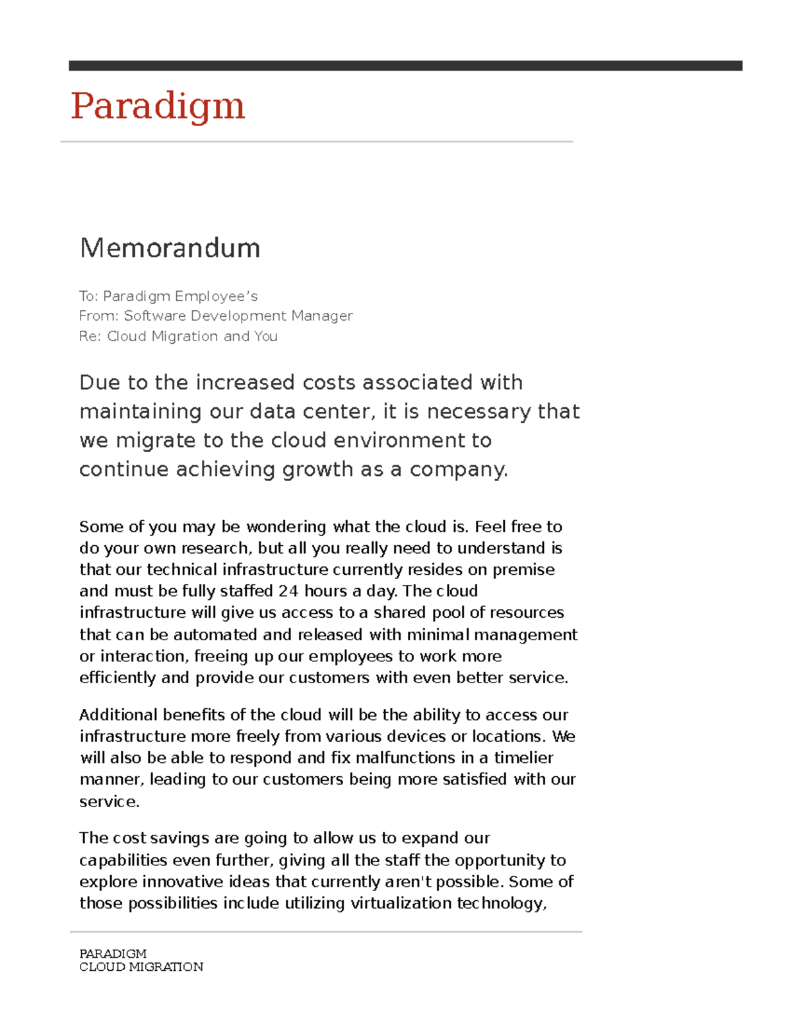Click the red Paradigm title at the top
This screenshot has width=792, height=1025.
pyautogui.click(x=158, y=106)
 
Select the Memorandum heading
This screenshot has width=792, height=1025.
pyautogui.click(x=170, y=248)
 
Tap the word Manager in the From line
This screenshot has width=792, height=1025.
pyautogui.click(x=322, y=316)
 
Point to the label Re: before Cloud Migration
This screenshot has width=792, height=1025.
pyautogui.click(x=90, y=337)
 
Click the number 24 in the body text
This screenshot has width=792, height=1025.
pyautogui.click(x=288, y=591)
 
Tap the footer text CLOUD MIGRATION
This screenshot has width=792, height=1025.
pyautogui.click(x=141, y=967)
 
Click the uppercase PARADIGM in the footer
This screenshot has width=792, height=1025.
pyautogui.click(x=113, y=954)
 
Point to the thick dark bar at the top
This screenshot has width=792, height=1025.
pyautogui.click(x=405, y=65)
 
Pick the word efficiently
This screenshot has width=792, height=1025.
pyautogui.click(x=118, y=678)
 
